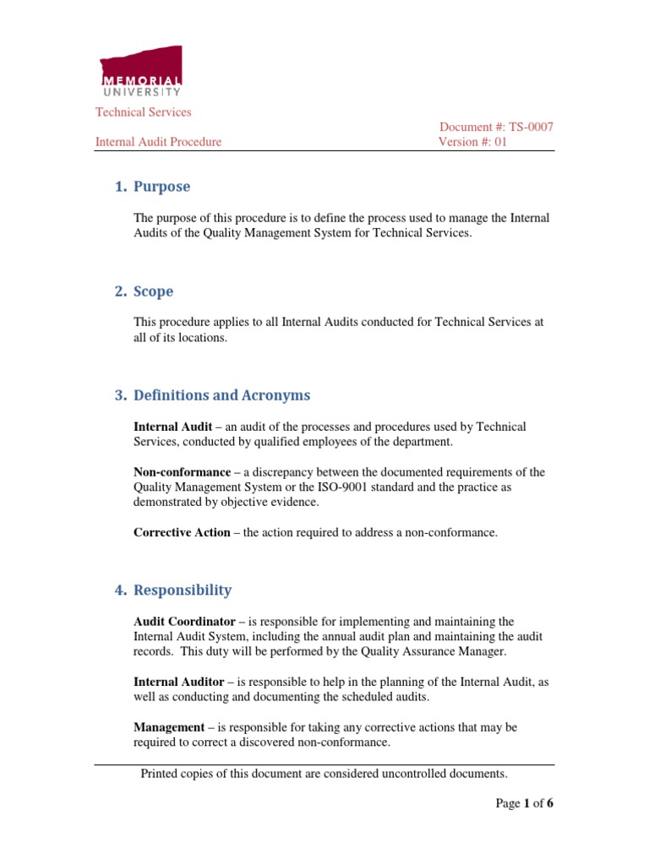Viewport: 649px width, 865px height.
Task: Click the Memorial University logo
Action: point(140,72)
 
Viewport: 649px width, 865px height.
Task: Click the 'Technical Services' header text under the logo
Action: point(143,112)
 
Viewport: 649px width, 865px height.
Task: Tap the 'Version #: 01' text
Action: point(472,142)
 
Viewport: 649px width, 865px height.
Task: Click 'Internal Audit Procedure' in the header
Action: point(158,142)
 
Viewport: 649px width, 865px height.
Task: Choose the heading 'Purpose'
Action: point(161,187)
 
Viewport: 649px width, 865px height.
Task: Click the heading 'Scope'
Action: point(153,291)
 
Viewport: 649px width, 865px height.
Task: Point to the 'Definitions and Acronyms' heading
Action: point(221,395)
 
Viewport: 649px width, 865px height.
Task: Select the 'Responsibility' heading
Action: point(182,590)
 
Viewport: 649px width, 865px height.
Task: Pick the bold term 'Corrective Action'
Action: point(182,532)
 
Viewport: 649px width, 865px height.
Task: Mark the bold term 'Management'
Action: point(169,726)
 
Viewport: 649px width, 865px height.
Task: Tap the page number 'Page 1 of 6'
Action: point(524,803)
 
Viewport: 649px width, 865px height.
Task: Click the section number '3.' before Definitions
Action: point(120,395)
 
